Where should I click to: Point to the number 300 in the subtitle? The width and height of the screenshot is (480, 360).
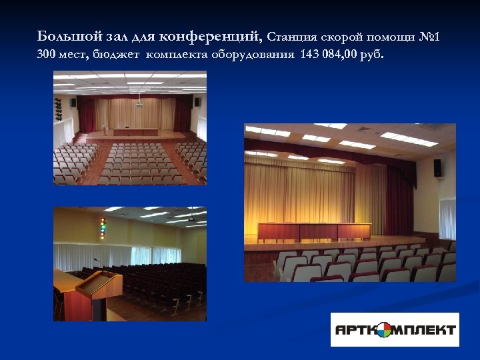46,54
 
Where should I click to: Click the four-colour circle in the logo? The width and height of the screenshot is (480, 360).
385,329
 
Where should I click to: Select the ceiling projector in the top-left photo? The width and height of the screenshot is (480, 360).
139,104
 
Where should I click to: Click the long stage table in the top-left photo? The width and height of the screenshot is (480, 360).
135,131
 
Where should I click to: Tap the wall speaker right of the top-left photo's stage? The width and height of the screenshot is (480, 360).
197,102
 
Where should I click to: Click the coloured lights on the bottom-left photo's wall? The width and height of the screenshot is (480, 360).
103,228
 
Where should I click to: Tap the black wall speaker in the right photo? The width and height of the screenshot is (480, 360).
437,167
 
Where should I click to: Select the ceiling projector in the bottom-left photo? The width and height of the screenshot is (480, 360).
191,219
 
